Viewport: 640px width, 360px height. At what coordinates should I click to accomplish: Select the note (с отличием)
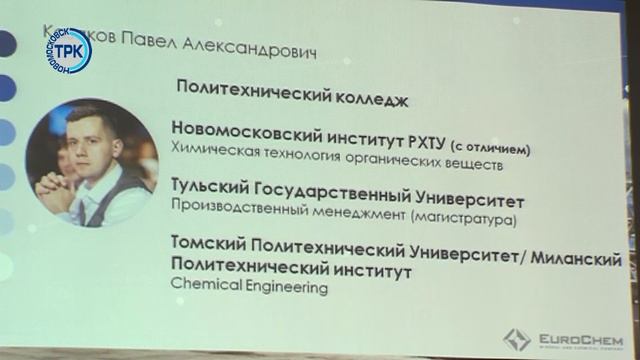pos(490,130)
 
